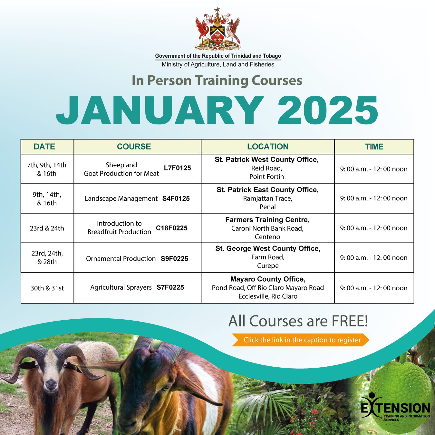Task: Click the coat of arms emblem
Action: coord(217,29)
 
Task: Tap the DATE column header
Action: coord(44,147)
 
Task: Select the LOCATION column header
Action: coord(268,147)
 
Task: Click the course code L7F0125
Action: coord(178,168)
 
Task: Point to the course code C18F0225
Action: coord(171,228)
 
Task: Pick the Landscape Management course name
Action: coord(121,198)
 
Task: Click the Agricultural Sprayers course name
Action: coord(121,287)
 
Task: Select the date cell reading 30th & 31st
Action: coord(47,288)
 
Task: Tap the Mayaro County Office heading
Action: coord(268,279)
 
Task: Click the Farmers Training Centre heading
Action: coord(267,220)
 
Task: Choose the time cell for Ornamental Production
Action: coord(374,257)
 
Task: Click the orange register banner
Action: coord(301,340)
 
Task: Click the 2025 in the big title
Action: coord(328,110)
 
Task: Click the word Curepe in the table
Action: coord(268,266)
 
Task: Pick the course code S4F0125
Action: coord(176,198)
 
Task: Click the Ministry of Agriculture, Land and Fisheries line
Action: coord(218,64)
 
